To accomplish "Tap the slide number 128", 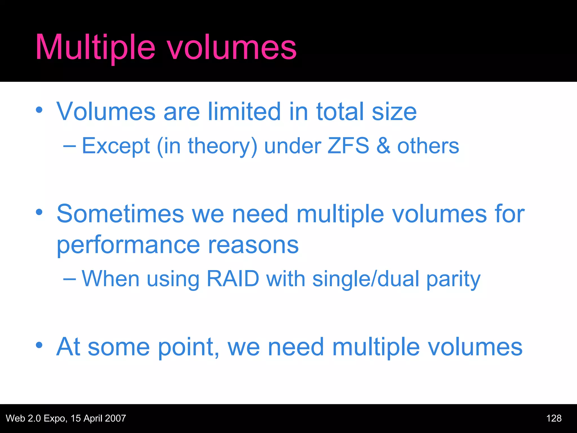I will click(x=554, y=418).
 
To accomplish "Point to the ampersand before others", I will click(x=383, y=146).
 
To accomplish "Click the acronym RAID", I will click(x=233, y=279).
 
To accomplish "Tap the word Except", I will click(x=116, y=146).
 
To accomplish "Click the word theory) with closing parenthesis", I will click(x=223, y=146).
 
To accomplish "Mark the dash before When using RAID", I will click(x=69, y=279).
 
